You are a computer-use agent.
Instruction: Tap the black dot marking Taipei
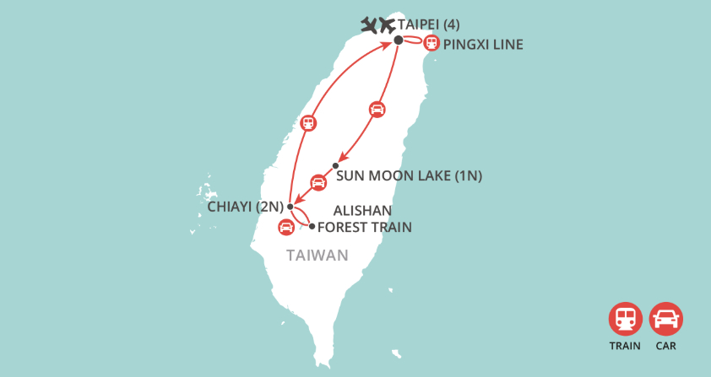tap(398, 39)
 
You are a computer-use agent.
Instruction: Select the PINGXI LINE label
tap(483, 44)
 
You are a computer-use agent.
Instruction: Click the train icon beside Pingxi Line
tap(431, 42)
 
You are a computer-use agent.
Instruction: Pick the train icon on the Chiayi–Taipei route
tap(309, 122)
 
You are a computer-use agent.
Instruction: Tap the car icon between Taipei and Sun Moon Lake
tap(377, 109)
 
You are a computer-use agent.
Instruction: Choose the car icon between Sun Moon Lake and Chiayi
tap(318, 181)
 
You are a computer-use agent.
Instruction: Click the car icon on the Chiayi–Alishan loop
tap(286, 226)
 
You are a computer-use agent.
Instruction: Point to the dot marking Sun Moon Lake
tap(335, 165)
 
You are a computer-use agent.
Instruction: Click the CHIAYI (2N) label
tap(246, 206)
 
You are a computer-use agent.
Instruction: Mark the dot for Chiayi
tap(290, 207)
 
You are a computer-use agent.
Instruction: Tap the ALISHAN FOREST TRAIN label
tap(364, 218)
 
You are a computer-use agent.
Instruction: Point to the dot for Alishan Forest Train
tap(312, 226)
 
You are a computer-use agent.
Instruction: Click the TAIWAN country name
tap(318, 255)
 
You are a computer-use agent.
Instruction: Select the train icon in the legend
tap(626, 320)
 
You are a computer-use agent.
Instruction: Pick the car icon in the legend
tap(666, 320)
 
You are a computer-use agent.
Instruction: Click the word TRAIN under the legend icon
tap(626, 345)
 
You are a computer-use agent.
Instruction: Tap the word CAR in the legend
tap(666, 345)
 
